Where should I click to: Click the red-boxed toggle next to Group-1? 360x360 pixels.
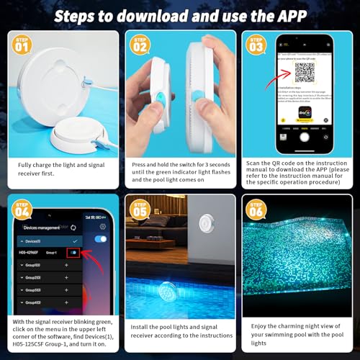pyautogui.click(x=73, y=253)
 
